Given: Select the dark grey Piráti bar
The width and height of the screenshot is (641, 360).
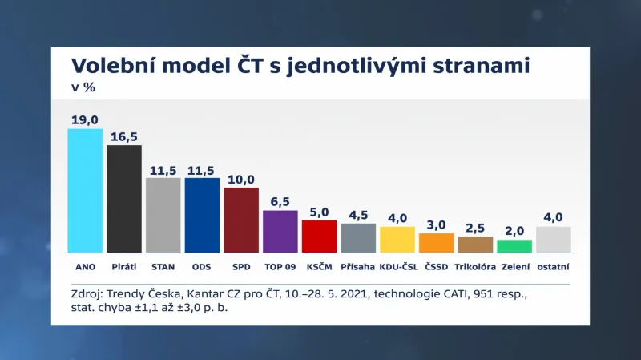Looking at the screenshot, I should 124,198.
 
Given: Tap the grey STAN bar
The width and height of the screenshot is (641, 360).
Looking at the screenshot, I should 163,214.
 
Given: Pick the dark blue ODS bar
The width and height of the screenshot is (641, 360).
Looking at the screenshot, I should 202,214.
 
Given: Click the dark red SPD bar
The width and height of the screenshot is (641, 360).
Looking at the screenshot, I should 241,219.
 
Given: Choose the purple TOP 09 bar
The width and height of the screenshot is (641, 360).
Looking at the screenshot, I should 280,230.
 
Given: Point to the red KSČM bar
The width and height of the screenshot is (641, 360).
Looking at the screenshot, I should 319,235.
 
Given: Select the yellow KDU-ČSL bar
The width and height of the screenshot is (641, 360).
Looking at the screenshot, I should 397,238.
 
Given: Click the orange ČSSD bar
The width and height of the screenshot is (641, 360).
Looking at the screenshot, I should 437,241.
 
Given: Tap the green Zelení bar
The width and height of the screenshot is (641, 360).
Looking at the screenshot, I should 514,245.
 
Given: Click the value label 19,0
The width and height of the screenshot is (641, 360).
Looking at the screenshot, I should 85,119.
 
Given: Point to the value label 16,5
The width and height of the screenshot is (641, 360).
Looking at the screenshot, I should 124,136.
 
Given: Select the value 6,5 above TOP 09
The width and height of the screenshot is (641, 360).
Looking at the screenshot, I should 280,201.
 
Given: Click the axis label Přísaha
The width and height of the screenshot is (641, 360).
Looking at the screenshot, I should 358,266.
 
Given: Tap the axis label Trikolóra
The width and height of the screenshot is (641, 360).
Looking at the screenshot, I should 475,266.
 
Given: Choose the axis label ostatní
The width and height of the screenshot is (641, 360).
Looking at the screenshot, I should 554,266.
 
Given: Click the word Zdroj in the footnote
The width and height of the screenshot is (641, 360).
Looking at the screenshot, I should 87,295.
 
